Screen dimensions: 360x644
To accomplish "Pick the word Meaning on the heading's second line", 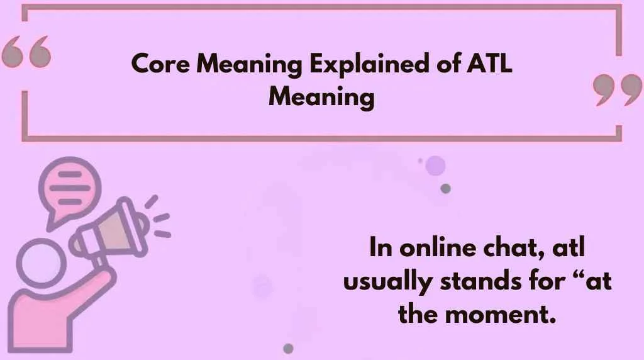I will pyautogui.click(x=321, y=98).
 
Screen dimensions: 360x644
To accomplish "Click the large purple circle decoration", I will pyautogui.click(x=435, y=166).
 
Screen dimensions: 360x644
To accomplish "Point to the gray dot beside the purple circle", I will pyautogui.click(x=446, y=188).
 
